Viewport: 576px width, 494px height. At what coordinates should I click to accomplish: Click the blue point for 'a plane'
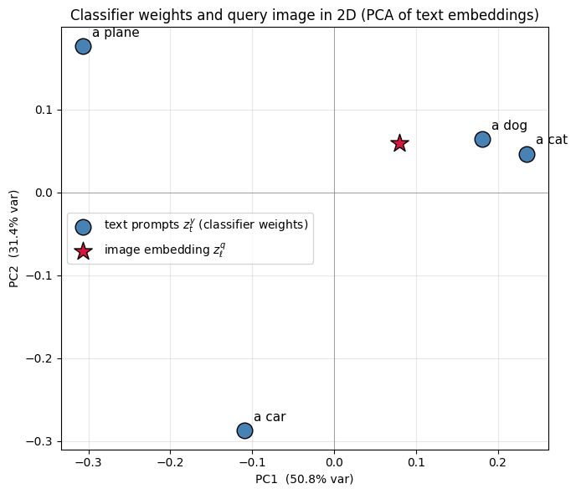(84, 47)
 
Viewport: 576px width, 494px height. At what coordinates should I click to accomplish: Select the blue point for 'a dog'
(482, 140)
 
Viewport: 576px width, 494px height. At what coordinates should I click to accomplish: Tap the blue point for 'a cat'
(527, 154)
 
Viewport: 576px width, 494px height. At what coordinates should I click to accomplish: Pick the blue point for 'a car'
(244, 430)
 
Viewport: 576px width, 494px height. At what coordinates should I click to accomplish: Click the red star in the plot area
(399, 143)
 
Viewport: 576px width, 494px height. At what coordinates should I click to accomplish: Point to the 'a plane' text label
(116, 33)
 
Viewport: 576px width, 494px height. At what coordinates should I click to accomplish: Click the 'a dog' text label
(509, 126)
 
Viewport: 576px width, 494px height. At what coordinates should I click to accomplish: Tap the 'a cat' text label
(552, 140)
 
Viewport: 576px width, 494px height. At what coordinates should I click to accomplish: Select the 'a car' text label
(270, 417)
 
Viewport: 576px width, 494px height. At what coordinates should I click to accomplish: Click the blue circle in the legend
(84, 228)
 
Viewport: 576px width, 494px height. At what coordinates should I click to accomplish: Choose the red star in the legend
(84, 251)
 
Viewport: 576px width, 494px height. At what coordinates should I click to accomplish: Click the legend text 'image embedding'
(157, 250)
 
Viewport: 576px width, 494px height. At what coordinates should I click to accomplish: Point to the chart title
(305, 15)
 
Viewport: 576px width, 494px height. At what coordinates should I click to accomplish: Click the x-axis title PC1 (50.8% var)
(305, 479)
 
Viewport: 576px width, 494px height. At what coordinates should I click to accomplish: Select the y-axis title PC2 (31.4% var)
(13, 239)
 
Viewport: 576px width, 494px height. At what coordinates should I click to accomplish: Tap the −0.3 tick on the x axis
(89, 462)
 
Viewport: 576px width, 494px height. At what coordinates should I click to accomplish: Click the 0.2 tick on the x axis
(498, 462)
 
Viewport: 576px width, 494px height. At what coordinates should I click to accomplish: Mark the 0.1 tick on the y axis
(44, 110)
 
